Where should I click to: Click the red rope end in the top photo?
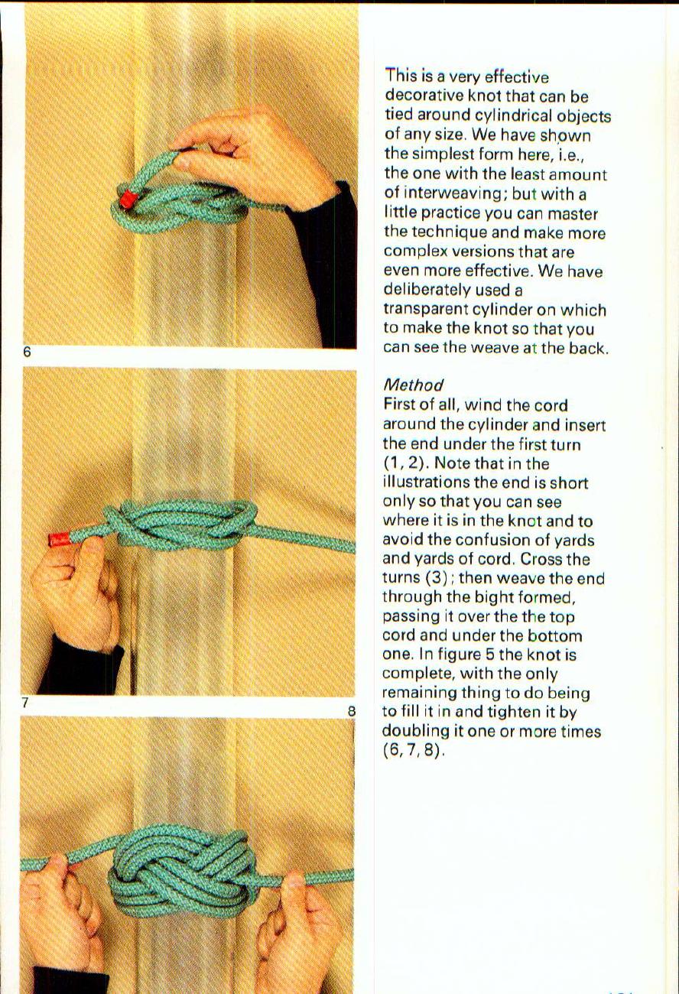127,200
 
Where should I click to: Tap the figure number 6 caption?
27,352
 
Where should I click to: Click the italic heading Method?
414,385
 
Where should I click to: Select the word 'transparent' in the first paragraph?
425,310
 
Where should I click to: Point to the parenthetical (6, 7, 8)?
414,751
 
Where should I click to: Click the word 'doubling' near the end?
413,732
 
